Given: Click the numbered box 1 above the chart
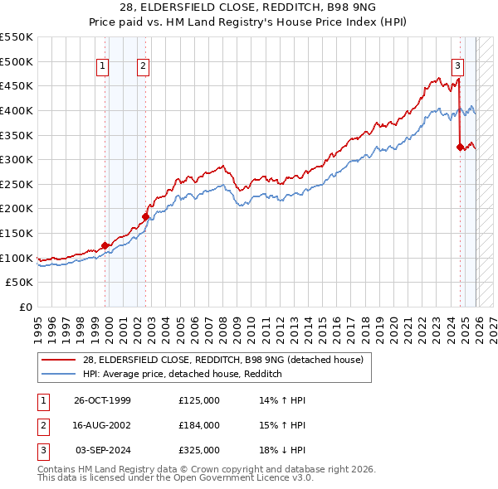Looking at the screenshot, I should (102, 66).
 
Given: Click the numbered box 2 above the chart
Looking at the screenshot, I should (143, 66).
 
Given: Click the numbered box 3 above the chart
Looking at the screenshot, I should (457, 66).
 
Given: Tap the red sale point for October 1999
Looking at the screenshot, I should (105, 245).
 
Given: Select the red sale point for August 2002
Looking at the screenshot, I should (145, 216).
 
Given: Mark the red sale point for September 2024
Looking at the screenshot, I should (460, 147).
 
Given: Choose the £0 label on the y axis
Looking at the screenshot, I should (25, 307).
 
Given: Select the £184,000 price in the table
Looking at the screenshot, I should (199, 425).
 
